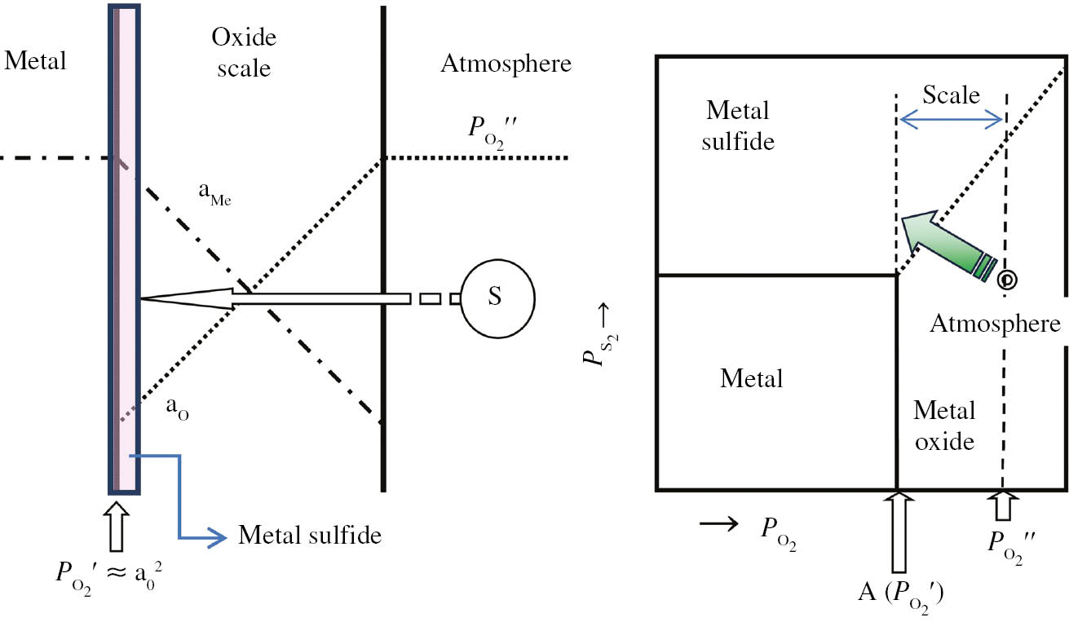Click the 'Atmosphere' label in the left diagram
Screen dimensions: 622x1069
(506, 64)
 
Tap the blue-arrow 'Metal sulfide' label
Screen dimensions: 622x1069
(309, 536)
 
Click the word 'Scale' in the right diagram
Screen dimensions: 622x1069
(951, 95)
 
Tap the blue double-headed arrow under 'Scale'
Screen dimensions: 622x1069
(951, 121)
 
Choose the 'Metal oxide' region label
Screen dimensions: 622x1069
(944, 425)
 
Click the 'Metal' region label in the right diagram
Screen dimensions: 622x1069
(751, 378)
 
